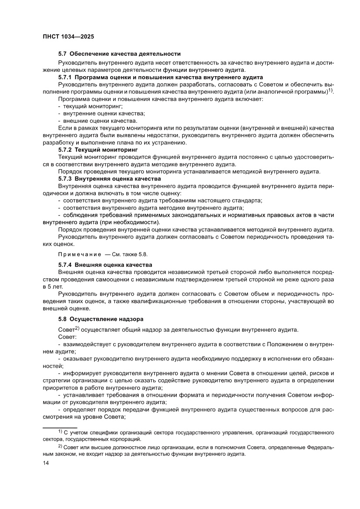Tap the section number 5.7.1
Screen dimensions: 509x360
pyautogui.click(x=66, y=77)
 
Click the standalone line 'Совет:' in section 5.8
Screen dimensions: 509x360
pyautogui.click(x=67, y=337)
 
